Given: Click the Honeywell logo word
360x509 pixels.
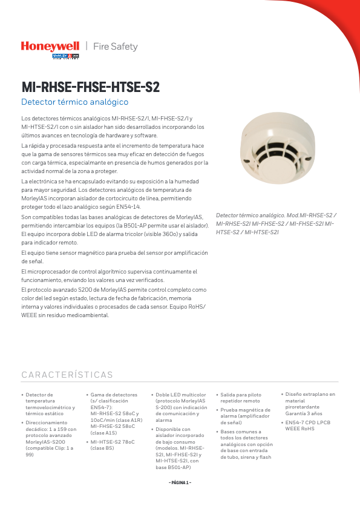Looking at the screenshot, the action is coord(50,46).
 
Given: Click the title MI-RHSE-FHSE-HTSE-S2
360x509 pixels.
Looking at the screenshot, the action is coord(91,87).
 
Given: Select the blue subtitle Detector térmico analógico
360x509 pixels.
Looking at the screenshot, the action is coord(75,102).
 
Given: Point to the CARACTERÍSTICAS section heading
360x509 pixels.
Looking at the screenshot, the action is coord(67,375).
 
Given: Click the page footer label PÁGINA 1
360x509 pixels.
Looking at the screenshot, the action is coord(180,482).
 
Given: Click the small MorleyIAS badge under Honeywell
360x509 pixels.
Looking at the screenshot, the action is coord(66,56).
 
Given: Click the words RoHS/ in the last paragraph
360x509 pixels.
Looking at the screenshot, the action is coord(195,307).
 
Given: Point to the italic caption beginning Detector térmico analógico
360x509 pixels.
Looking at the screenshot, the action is coord(276,223).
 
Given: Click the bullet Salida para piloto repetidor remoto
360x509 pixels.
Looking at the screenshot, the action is coord(241,398).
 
